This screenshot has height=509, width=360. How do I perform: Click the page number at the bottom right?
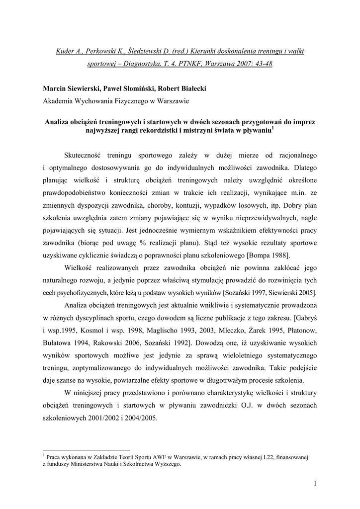pos(315,483)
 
